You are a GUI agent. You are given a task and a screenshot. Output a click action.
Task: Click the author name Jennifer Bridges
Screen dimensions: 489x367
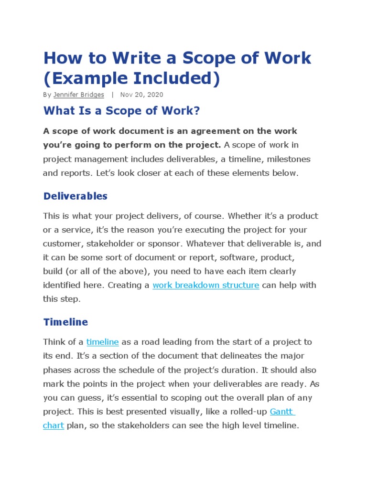[78, 95]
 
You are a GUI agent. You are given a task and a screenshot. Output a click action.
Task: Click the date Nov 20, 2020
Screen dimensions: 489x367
[141, 95]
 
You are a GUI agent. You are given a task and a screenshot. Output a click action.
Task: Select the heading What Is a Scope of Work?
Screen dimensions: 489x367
[121, 111]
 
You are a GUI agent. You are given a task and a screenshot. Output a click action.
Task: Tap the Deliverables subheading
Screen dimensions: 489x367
[76, 196]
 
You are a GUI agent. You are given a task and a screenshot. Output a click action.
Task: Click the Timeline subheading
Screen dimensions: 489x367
[65, 322]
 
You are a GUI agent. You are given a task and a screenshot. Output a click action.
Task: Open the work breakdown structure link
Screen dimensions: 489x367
[205, 286]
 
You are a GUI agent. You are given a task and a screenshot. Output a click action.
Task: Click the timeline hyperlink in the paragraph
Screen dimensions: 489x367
[103, 342]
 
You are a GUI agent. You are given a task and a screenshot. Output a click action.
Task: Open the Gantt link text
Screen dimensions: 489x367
[282, 411]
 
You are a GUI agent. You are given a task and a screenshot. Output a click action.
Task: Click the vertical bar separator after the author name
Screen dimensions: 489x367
[112, 95]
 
